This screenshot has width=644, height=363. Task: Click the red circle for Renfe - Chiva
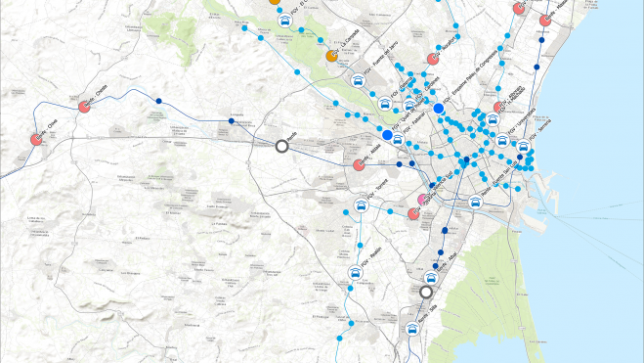coord(36,139)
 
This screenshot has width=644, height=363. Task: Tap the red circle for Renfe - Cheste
coord(84,106)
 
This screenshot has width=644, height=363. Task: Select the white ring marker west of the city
coord(282,146)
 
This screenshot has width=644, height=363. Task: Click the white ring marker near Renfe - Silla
coord(425,292)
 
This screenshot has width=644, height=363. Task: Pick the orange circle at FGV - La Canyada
coord(331,56)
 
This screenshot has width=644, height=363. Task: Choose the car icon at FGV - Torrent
coord(362,205)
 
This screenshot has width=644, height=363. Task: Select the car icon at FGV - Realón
coord(354,274)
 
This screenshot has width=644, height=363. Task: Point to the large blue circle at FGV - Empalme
coord(439,109)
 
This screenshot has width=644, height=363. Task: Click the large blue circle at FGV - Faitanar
coord(387,134)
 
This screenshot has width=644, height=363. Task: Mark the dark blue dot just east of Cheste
coord(158,100)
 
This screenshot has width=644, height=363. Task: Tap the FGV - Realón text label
coord(369,261)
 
